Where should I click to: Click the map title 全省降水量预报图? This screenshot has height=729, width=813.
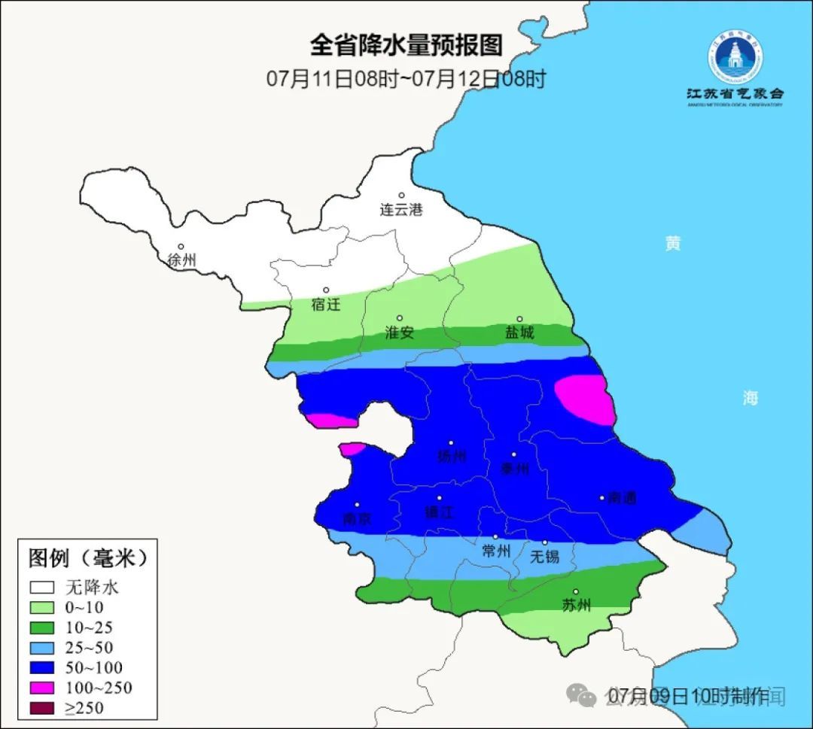(x=406, y=46)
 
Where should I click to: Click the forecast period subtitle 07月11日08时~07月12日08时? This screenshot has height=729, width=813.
(x=406, y=78)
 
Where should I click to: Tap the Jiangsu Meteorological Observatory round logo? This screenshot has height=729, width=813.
(x=735, y=56)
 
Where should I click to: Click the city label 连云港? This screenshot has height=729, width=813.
(x=401, y=210)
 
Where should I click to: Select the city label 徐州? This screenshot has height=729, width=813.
(x=181, y=260)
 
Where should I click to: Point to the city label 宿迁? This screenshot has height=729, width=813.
(x=326, y=305)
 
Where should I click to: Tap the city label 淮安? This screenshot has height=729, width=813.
(x=400, y=333)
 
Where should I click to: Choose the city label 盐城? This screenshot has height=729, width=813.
(x=519, y=333)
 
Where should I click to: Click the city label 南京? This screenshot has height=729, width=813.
(x=357, y=519)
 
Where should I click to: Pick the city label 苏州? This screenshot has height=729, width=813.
(x=577, y=606)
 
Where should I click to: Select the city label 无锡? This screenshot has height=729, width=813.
(x=545, y=557)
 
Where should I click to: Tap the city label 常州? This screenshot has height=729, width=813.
(x=496, y=551)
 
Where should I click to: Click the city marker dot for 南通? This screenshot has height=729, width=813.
(x=602, y=497)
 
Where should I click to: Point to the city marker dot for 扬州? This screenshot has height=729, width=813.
(x=451, y=443)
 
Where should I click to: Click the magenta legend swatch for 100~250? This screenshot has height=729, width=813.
(x=43, y=688)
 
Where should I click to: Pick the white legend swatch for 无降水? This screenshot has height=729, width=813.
(x=43, y=587)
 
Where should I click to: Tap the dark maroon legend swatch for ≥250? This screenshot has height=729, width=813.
(x=43, y=708)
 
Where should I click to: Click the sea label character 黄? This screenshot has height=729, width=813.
(x=672, y=243)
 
